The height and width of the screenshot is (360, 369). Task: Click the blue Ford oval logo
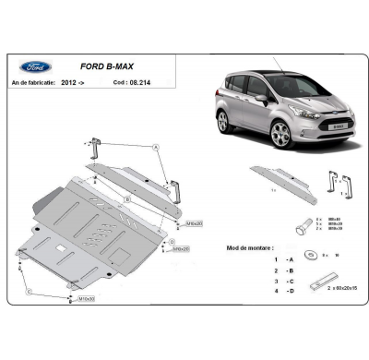38,66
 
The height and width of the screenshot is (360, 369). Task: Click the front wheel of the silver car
282,135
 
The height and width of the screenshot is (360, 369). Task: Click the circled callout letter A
156,148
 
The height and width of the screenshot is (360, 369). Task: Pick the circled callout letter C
29,292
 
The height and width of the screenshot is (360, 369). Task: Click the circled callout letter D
172,242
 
